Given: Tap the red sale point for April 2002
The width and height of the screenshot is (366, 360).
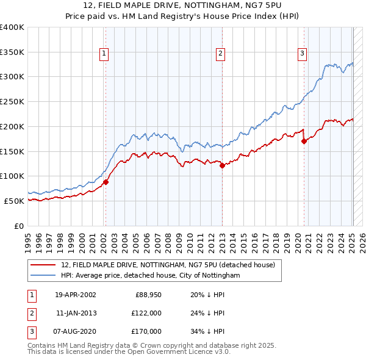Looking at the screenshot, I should [106, 181].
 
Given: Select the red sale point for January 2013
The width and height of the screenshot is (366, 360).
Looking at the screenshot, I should [222, 165].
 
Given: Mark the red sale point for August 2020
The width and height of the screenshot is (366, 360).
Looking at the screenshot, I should [303, 141].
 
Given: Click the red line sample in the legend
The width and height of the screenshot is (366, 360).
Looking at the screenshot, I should [44, 265].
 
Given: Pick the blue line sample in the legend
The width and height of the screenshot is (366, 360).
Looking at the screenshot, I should [44, 275].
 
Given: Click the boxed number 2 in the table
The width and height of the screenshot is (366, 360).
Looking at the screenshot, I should [30, 313].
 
